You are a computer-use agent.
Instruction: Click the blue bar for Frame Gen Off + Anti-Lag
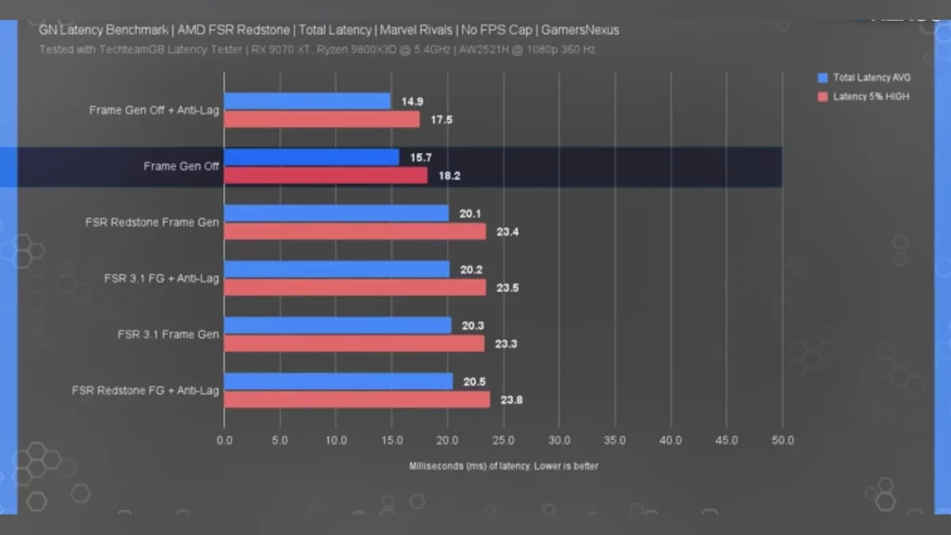pyautogui.click(x=307, y=101)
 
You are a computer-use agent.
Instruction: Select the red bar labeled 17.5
pyautogui.click(x=322, y=119)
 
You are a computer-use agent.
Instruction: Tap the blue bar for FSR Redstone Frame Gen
pyautogui.click(x=336, y=213)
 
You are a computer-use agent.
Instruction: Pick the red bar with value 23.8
pyautogui.click(x=357, y=399)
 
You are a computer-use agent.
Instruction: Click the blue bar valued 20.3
pyautogui.click(x=338, y=326)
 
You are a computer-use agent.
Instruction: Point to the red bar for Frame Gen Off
pyautogui.click(x=326, y=175)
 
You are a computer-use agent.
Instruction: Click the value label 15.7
pyautogui.click(x=421, y=158)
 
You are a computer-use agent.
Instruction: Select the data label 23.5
pyautogui.click(x=507, y=288)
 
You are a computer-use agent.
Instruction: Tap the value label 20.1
pyautogui.click(x=471, y=214)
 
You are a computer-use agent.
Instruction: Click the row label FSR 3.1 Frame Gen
pyautogui.click(x=168, y=334)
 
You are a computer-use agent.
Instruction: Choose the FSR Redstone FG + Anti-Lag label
pyautogui.click(x=145, y=390)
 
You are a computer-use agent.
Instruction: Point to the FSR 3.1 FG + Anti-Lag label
pyautogui.click(x=162, y=278)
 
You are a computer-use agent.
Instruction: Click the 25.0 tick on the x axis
pyautogui.click(x=503, y=440)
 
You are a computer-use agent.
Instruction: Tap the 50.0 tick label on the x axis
pyautogui.click(x=782, y=440)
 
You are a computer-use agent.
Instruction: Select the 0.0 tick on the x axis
pyautogui.click(x=224, y=440)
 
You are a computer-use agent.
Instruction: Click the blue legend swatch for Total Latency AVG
pyautogui.click(x=823, y=78)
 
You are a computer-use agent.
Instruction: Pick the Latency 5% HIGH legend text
pyautogui.click(x=871, y=97)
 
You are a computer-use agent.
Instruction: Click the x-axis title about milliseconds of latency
pyautogui.click(x=503, y=466)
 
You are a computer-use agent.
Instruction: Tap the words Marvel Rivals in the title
pyautogui.click(x=417, y=30)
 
